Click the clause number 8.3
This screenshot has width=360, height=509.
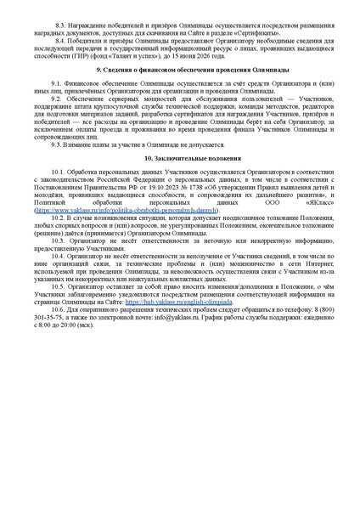[x=58, y=26]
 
